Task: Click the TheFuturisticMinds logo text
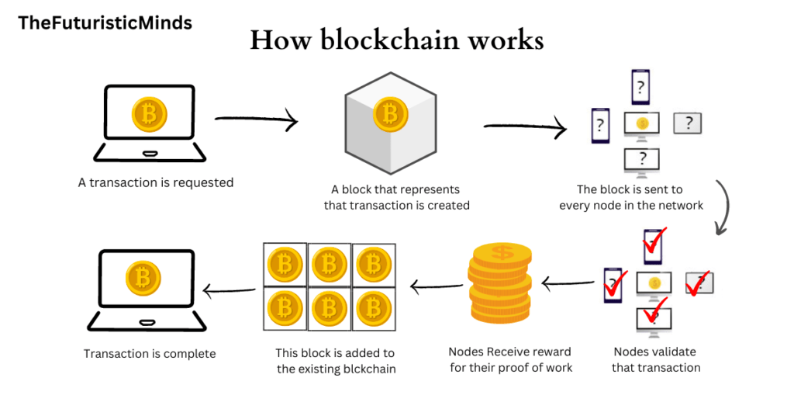point(105,23)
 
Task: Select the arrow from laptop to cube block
point(256,121)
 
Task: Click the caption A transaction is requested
point(155,183)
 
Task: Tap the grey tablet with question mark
point(688,123)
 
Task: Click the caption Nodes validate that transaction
point(656,359)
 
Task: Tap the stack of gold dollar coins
point(499,284)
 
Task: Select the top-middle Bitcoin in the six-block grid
point(330,265)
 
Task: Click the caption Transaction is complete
point(150,354)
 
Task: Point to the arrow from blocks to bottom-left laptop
point(229,290)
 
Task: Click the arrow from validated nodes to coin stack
point(566,284)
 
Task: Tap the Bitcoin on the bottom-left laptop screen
point(143,277)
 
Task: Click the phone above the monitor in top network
point(640,87)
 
